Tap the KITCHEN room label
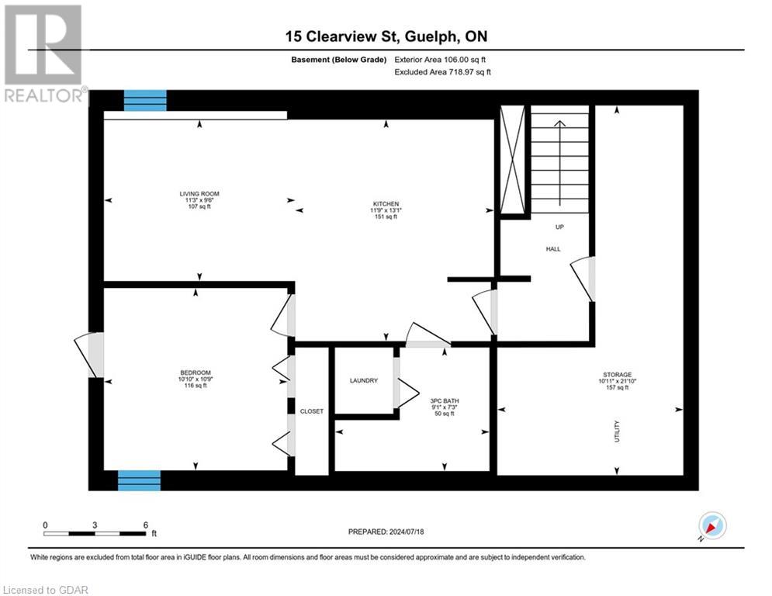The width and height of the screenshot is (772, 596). click(x=386, y=204)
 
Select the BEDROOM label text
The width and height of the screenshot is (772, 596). click(x=195, y=372)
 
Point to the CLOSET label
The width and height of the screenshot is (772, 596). click(x=311, y=411)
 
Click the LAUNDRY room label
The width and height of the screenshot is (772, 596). click(x=363, y=380)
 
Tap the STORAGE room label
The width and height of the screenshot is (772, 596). click(x=618, y=374)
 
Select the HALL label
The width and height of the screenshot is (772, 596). click(x=552, y=249)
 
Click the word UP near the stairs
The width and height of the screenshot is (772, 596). click(x=558, y=227)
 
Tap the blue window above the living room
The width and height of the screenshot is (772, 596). click(x=145, y=100)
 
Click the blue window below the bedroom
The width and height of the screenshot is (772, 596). click(x=139, y=480)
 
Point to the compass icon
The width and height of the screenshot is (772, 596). click(x=711, y=526)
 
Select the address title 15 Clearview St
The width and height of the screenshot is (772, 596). click(x=386, y=36)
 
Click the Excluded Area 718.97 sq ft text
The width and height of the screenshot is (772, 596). click(x=443, y=71)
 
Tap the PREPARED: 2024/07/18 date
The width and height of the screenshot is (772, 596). click(x=387, y=532)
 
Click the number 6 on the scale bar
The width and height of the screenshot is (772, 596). click(x=145, y=525)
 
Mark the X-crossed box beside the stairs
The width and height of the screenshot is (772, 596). click(x=512, y=160)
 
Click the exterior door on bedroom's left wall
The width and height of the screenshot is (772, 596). click(x=93, y=355)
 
